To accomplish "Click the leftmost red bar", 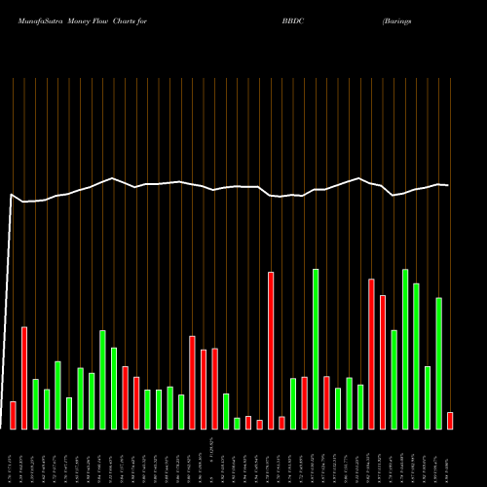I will [13, 414].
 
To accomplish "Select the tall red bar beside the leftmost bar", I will [24, 377].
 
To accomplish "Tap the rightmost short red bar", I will [450, 420].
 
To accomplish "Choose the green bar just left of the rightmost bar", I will [438, 362].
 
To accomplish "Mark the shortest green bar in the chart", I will [237, 423].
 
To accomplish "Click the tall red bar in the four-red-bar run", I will [271, 350].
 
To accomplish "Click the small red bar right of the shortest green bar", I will [248, 422].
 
